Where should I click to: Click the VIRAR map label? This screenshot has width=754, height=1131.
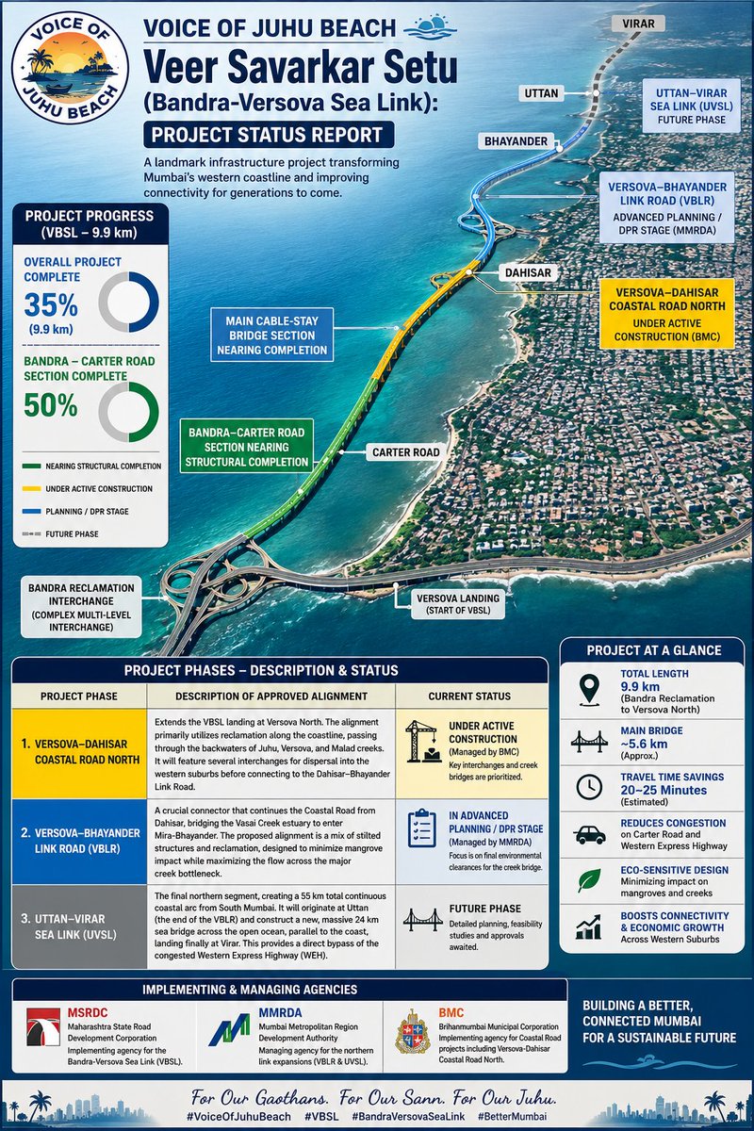pyautogui.click(x=638, y=24)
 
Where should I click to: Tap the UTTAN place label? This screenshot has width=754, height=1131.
pyautogui.click(x=541, y=93)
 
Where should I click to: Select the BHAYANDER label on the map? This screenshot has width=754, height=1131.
pyautogui.click(x=516, y=141)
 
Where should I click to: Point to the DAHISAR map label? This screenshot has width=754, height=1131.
pyautogui.click(x=528, y=272)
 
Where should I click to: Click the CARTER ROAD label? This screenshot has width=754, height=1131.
pyautogui.click(x=405, y=452)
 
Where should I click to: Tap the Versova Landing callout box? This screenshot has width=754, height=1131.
pyautogui.click(x=458, y=604)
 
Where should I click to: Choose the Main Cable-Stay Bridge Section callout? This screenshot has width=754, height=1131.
pyautogui.click(x=271, y=336)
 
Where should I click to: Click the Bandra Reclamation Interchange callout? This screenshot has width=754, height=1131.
pyautogui.click(x=81, y=607)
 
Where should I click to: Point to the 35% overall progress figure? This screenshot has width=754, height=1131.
pyautogui.click(x=51, y=304)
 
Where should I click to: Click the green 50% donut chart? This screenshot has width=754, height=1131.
pyautogui.click(x=129, y=412)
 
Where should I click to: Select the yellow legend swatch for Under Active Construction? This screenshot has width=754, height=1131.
pyautogui.click(x=31, y=489)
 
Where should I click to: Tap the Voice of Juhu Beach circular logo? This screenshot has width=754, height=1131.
pyautogui.click(x=70, y=67)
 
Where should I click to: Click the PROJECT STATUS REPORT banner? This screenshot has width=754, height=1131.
pyautogui.click(x=269, y=135)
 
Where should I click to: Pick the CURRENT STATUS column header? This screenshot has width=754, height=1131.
pyautogui.click(x=469, y=697)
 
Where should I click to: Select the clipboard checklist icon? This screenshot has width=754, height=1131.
pyautogui.click(x=421, y=828)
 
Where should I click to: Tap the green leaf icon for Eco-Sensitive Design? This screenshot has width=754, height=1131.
pyautogui.click(x=589, y=880)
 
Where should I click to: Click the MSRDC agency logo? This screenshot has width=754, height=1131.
pyautogui.click(x=43, y=1027)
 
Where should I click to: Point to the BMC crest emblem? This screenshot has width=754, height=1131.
pyautogui.click(x=412, y=1031)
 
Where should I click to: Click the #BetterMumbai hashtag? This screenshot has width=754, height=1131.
pyautogui.click(x=512, y=1116)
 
